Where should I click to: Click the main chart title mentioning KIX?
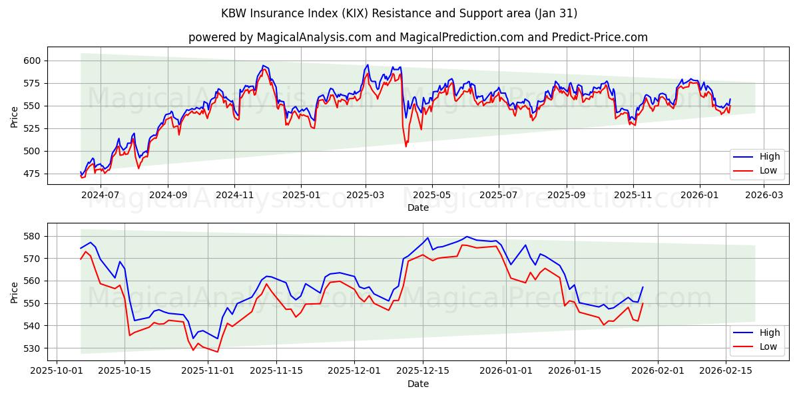pyautogui.click(x=400, y=13)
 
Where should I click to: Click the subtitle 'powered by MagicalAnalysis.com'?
pyautogui.click(x=417, y=37)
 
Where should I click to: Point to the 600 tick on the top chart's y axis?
pyautogui.click(x=31, y=61)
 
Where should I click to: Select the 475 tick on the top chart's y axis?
pyautogui.click(x=31, y=174)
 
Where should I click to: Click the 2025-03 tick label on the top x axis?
pyautogui.click(x=366, y=196)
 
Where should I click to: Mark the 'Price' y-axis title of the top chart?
pyautogui.click(x=15, y=116)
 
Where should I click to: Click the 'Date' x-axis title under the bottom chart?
pyautogui.click(x=417, y=384)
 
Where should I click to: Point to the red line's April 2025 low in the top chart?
pyautogui.click(x=406, y=146)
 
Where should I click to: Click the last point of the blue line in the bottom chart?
pyautogui.click(x=643, y=287)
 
